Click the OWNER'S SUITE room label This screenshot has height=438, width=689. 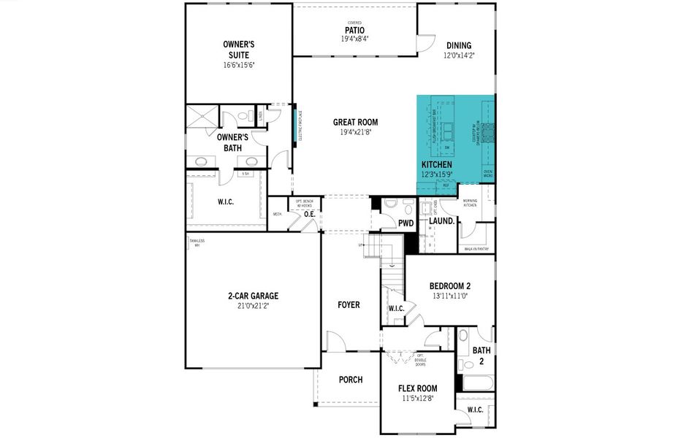238,49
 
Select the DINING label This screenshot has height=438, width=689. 459,45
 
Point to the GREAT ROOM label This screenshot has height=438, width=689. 355,122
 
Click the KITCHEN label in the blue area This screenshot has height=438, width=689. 437,166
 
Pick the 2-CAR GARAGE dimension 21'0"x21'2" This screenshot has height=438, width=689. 252,306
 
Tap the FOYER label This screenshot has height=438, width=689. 349,304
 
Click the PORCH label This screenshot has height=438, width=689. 351,380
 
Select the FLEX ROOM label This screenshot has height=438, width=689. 417,389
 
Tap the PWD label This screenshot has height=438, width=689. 406,223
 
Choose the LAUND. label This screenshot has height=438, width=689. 442,220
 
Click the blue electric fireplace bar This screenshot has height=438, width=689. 296,126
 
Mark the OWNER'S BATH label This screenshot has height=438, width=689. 232,142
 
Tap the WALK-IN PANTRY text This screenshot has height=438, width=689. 476,249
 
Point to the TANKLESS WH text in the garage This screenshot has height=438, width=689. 197,243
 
